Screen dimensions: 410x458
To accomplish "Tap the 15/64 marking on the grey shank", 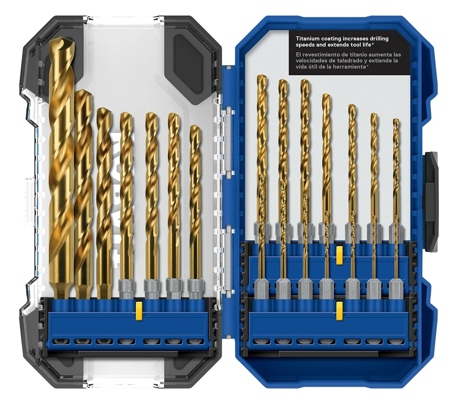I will point(173,284).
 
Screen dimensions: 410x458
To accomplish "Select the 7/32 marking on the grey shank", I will point(195,284).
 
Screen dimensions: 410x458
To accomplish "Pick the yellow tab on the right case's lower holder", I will point(339,310).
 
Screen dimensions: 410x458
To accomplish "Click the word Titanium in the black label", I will point(307,39).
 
